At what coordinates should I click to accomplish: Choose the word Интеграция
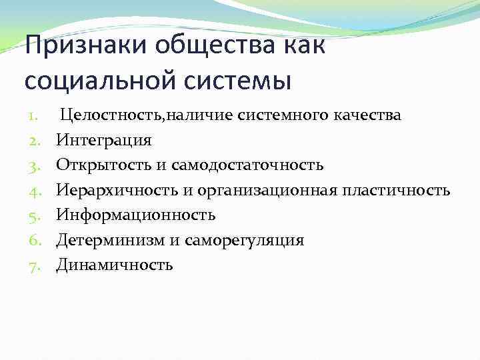[103, 141]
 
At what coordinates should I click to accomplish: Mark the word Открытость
[99, 165]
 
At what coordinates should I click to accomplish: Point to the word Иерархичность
[117, 191]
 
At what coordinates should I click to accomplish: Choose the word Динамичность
[114, 265]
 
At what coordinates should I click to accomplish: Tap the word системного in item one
[271, 115]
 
